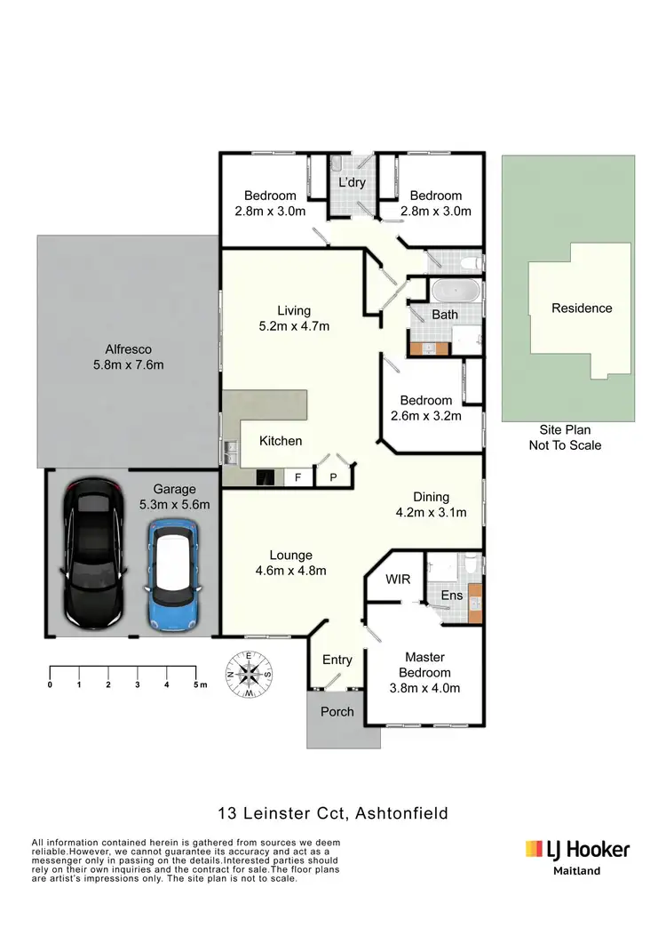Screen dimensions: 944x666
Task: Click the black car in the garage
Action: pos(93,555)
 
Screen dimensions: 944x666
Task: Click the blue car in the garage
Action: pos(173,574)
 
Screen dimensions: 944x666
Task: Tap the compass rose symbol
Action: pos(251,674)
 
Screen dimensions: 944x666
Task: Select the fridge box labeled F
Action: pos(299,477)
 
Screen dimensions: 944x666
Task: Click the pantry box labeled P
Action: pos(334,477)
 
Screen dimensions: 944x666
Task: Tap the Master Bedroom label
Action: pos(423,672)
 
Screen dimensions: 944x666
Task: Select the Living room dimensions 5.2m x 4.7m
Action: pos(293,325)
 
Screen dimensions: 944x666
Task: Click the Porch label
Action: pos(337,711)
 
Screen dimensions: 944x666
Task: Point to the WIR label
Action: pos(398,580)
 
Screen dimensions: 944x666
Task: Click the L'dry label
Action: pos(353,182)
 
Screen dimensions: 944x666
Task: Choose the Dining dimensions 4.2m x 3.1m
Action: pos(431,512)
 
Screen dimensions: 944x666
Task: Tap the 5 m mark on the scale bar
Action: pos(196,684)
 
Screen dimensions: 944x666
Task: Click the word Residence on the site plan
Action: pos(582,308)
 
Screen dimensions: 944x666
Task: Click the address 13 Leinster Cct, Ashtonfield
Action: pos(333,812)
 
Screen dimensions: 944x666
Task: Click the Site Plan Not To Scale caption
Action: pos(565,437)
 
